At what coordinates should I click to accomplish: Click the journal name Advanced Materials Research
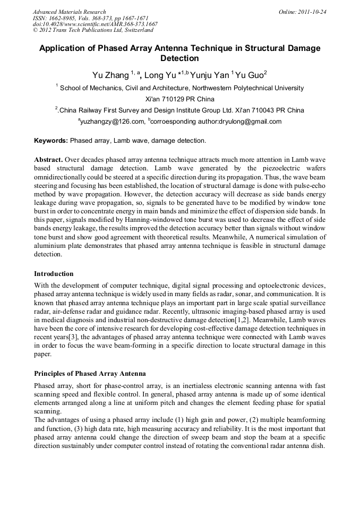point(69,12)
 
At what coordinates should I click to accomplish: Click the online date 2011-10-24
point(311,12)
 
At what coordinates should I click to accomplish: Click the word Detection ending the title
point(179,58)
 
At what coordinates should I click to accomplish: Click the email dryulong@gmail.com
point(252,122)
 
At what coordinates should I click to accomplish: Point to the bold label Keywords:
point(51,141)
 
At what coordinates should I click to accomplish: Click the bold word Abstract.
point(48,159)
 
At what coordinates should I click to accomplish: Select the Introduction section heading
point(54,274)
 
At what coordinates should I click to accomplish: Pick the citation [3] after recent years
point(75,337)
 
